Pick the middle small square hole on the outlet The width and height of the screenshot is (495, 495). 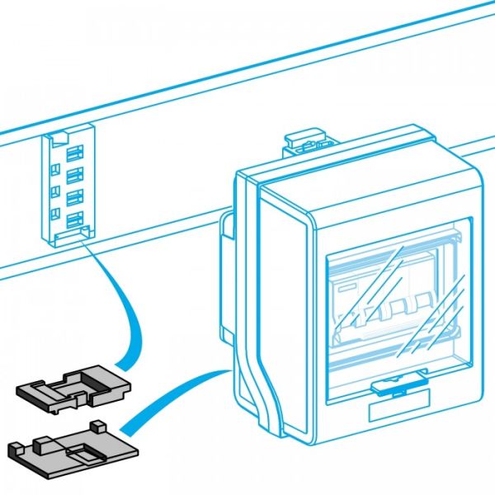[55, 191]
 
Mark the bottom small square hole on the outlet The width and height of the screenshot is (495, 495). [55, 215]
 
